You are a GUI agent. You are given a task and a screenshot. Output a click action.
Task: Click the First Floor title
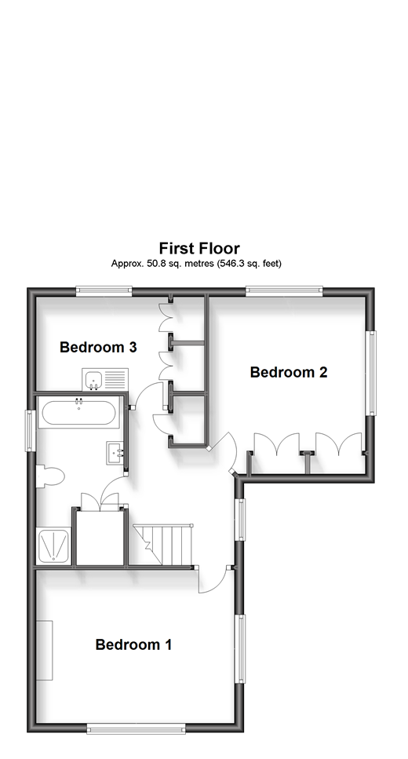(199, 248)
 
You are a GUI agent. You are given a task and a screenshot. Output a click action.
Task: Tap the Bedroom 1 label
(133, 644)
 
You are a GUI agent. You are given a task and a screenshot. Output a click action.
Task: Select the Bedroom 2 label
(289, 372)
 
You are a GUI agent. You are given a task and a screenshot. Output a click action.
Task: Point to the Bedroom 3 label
(98, 347)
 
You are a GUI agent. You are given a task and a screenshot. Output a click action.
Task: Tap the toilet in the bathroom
(50, 476)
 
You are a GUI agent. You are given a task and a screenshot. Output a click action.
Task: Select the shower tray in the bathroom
(53, 546)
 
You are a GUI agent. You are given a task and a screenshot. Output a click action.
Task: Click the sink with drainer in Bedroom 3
(105, 379)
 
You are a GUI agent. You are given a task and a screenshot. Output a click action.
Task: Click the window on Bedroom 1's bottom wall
(136, 728)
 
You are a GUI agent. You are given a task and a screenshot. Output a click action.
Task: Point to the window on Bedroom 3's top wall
(104, 290)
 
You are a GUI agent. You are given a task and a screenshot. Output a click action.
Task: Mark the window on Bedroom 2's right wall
(371, 373)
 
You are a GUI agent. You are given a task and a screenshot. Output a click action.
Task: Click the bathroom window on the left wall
(30, 430)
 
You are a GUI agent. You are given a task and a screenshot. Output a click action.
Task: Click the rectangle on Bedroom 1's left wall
(45, 651)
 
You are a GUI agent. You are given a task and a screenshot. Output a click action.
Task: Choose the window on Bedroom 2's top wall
(284, 290)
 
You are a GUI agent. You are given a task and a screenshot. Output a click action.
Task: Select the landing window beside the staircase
(239, 520)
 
